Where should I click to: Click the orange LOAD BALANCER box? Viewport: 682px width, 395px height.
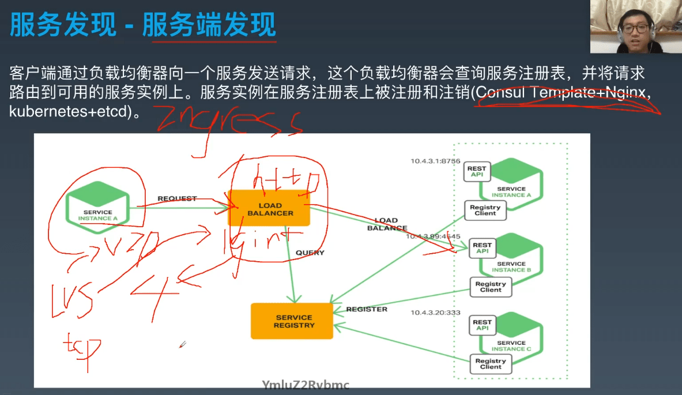coord(269,208)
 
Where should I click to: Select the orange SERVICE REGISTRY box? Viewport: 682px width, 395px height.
coord(292,321)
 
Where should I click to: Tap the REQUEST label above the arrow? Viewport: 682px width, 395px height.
coord(177,198)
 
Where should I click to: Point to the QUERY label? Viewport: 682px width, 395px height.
coord(310,253)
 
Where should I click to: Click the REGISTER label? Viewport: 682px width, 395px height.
coord(367,309)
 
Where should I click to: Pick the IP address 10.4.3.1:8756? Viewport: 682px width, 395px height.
coord(435,161)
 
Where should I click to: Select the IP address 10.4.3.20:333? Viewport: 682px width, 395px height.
coord(435,312)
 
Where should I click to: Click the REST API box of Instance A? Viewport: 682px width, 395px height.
coord(477,172)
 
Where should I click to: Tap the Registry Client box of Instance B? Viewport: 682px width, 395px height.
coord(490,287)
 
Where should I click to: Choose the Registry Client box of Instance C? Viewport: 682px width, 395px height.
coord(490,364)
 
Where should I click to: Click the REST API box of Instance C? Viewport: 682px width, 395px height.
coord(482,325)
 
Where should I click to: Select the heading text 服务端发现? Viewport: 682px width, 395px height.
coord(209,25)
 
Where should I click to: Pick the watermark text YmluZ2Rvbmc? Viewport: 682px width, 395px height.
coord(305,385)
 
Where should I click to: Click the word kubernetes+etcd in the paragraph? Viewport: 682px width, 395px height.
coord(67,111)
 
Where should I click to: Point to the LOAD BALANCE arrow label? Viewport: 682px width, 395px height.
coord(386,224)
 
